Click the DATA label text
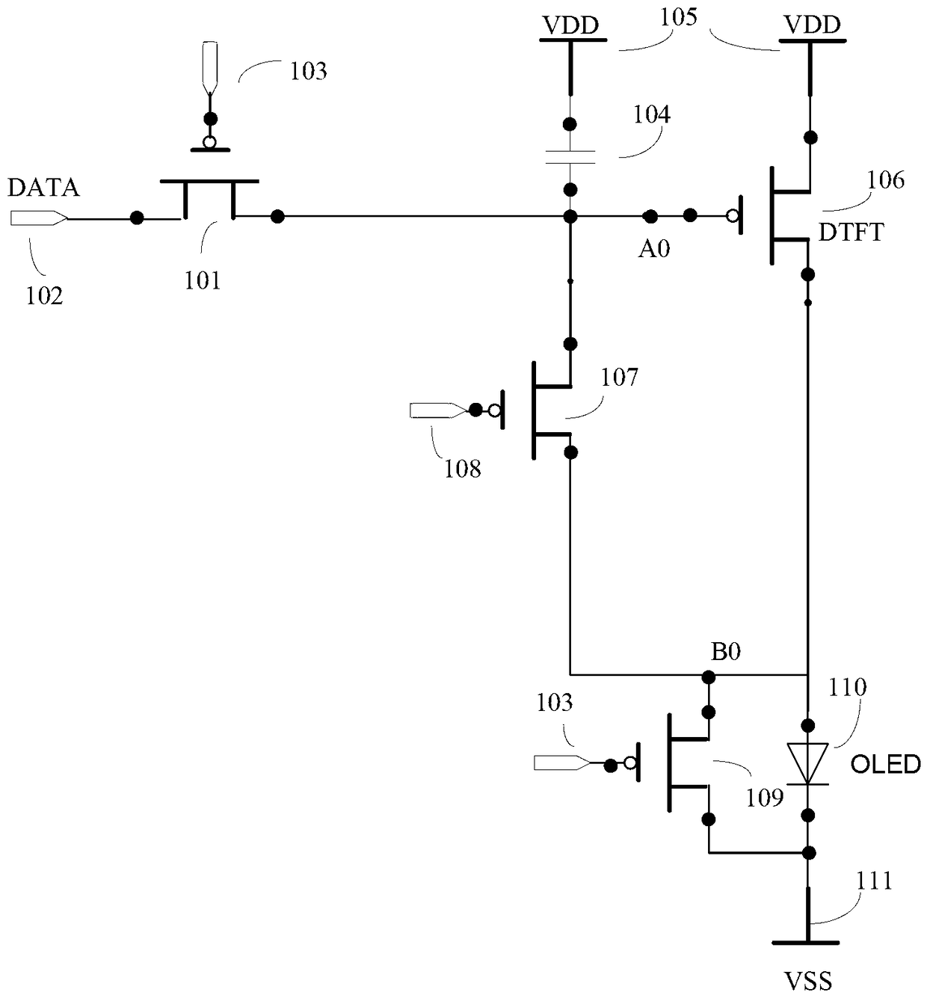click(x=43, y=188)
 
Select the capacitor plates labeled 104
click(x=570, y=157)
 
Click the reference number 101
click(x=203, y=280)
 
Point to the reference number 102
click(x=44, y=296)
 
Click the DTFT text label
click(x=851, y=232)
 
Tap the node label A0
click(x=654, y=249)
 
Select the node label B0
click(x=726, y=652)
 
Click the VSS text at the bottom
click(x=808, y=981)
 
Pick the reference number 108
click(x=463, y=469)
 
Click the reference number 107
click(x=619, y=377)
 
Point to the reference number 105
click(x=679, y=18)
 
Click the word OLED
click(x=885, y=764)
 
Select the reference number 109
click(x=765, y=798)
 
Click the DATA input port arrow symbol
click(x=39, y=218)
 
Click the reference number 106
click(x=886, y=180)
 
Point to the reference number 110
click(x=848, y=687)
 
